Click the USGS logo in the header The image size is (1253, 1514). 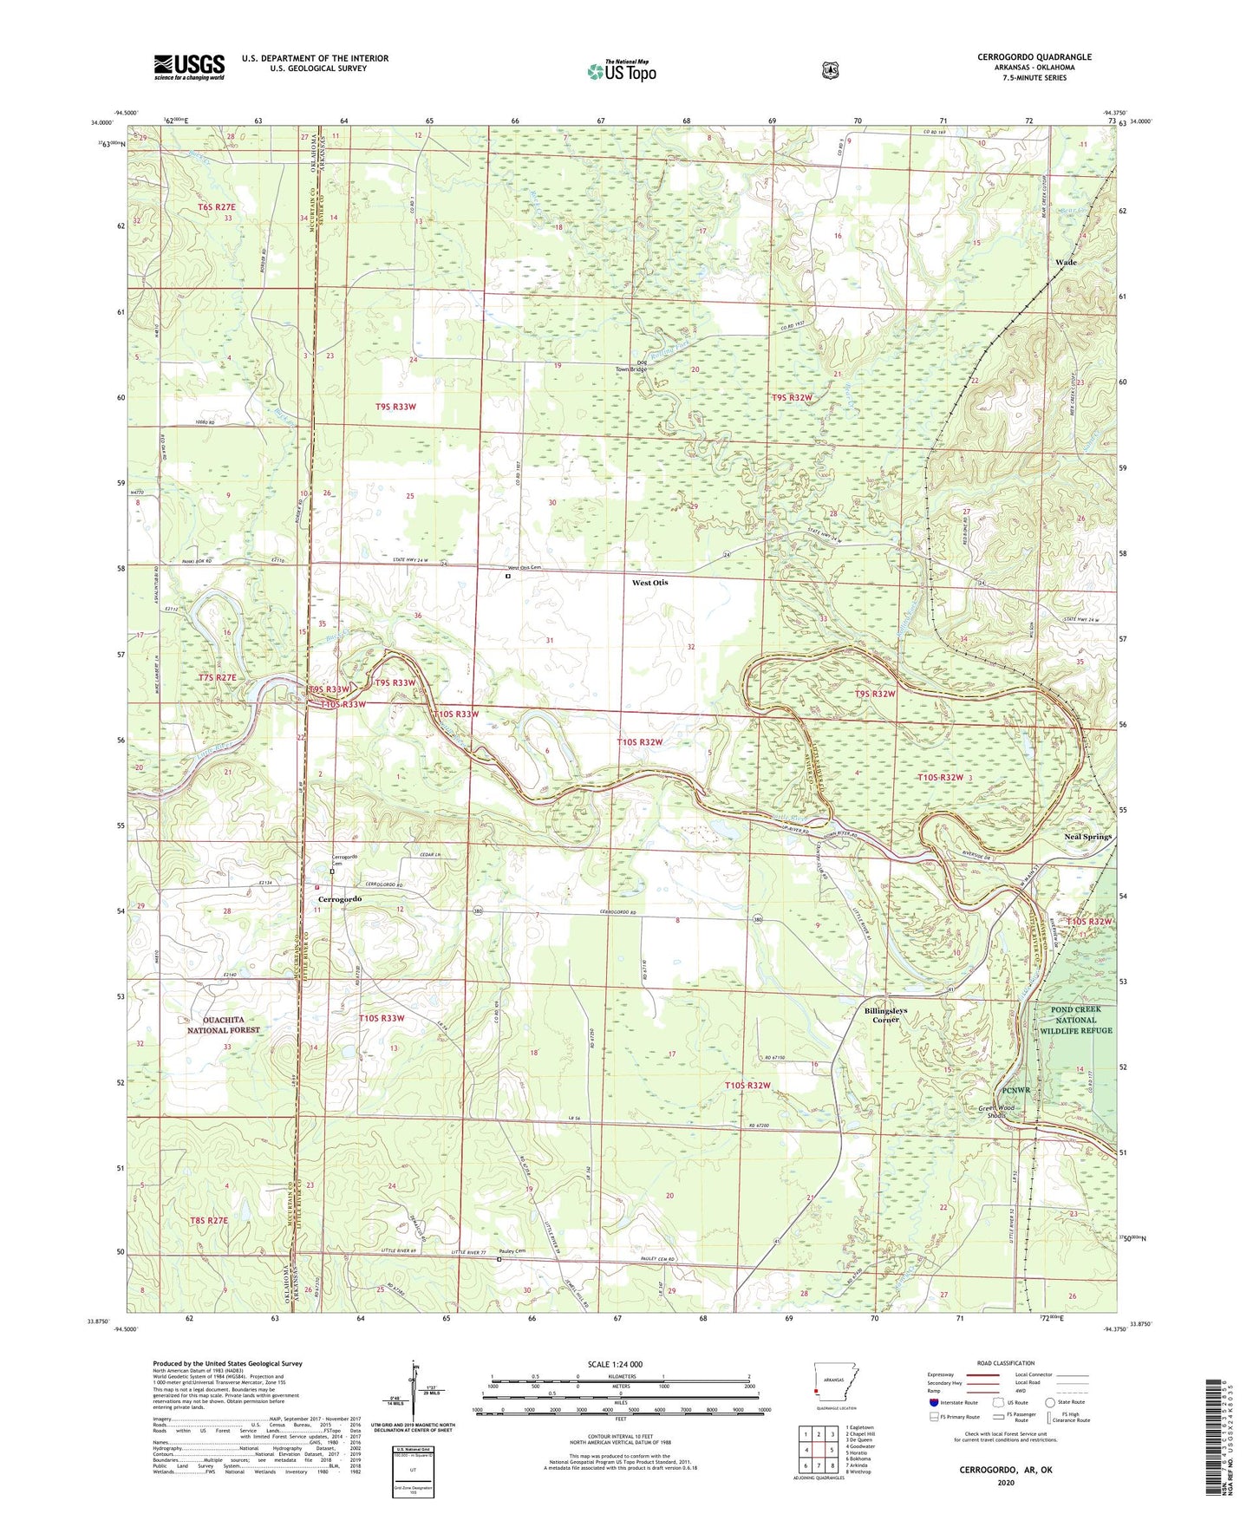(189, 67)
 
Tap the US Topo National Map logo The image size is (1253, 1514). (621, 70)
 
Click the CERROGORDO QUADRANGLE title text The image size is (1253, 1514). (1034, 57)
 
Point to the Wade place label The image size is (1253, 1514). (1066, 262)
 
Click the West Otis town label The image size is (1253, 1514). (649, 583)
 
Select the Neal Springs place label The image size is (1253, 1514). (1087, 837)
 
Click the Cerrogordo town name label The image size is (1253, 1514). (339, 899)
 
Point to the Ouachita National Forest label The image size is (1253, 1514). (224, 1025)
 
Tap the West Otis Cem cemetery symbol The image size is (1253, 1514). (508, 575)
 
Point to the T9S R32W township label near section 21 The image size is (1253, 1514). (793, 397)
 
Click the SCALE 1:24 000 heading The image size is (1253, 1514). (619, 1364)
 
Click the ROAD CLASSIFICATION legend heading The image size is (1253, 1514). (1005, 1363)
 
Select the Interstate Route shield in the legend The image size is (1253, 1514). (934, 1401)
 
